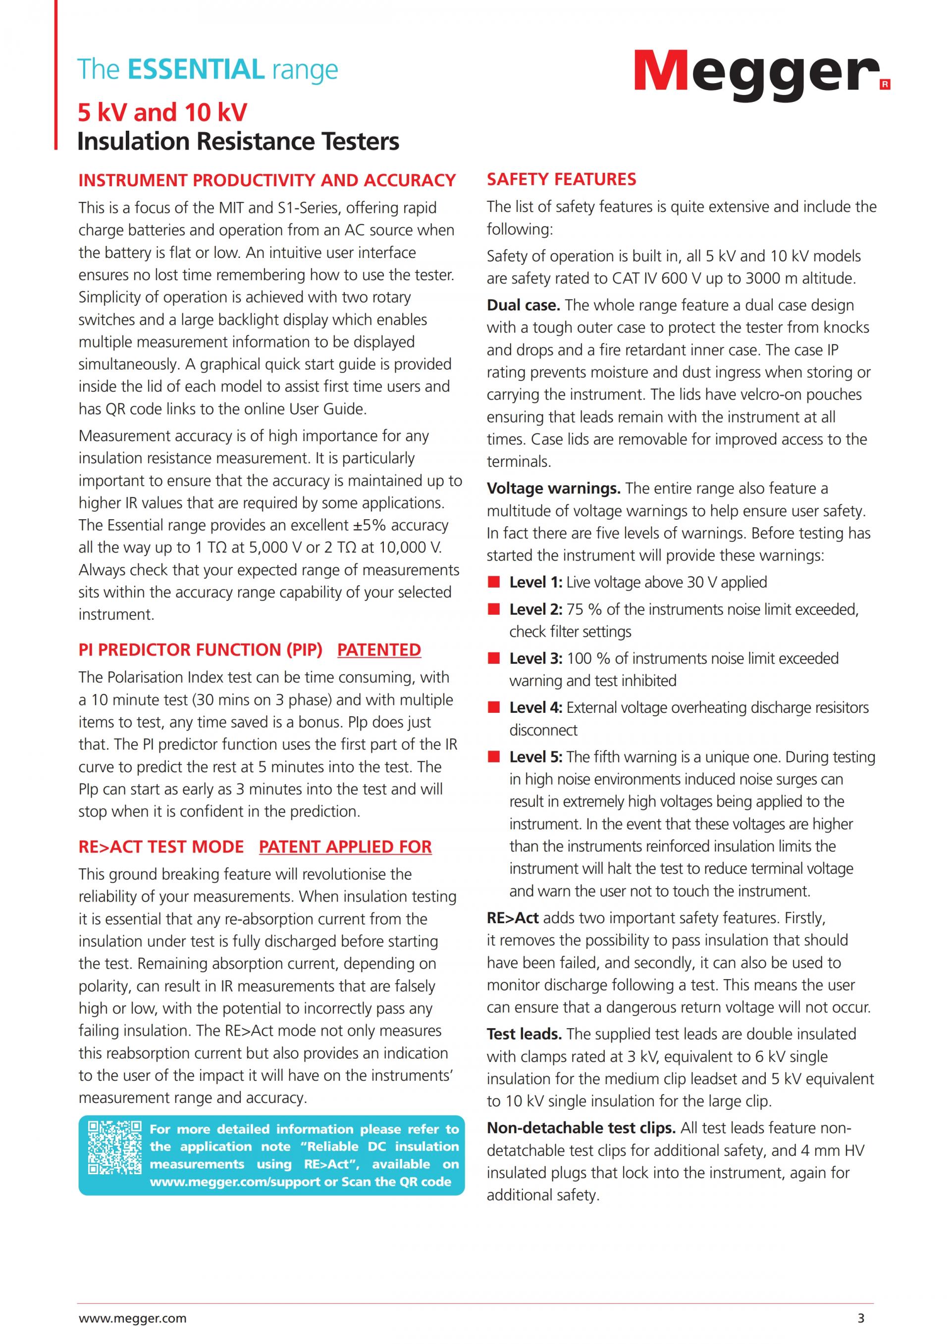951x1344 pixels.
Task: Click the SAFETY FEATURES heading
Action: point(561,179)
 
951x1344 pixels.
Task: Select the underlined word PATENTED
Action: point(379,650)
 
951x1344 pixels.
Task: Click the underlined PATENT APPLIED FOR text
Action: point(346,847)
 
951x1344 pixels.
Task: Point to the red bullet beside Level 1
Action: point(494,582)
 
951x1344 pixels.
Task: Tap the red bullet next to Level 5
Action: point(494,757)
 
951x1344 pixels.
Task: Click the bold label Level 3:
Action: point(535,658)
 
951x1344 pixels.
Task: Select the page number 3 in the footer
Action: point(861,1318)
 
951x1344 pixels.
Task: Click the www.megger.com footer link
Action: point(132,1318)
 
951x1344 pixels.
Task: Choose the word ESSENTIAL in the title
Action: point(196,69)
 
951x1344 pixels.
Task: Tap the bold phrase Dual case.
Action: point(524,305)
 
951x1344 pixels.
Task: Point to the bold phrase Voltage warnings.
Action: point(553,488)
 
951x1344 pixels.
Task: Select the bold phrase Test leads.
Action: point(524,1034)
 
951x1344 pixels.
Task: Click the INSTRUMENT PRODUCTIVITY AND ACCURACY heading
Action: point(267,180)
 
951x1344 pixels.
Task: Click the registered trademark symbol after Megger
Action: point(885,85)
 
